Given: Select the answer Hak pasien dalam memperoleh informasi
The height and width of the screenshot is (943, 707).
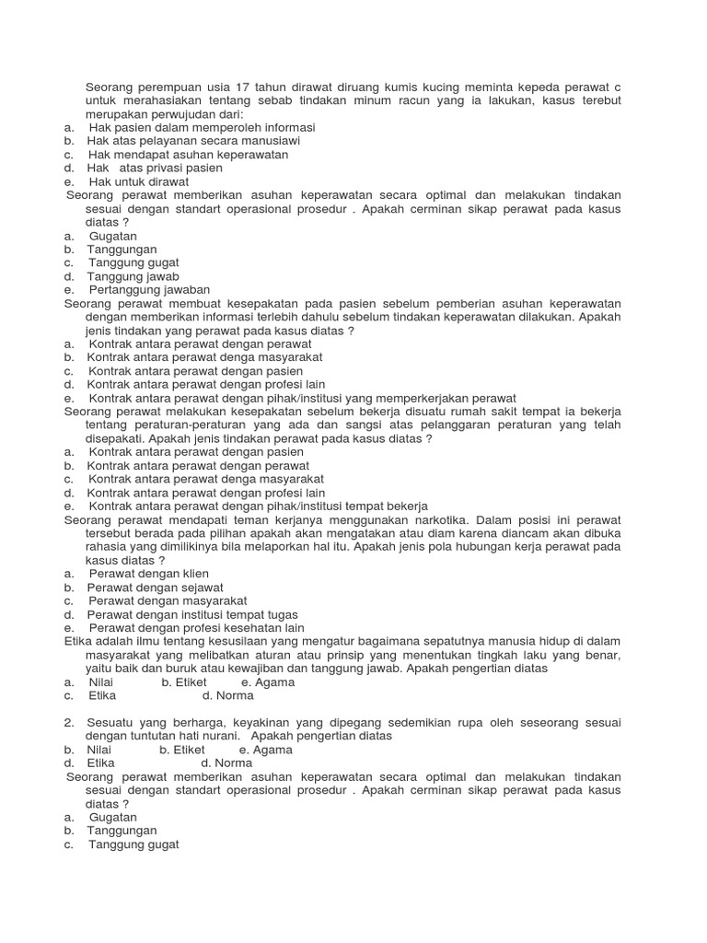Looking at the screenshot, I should pyautogui.click(x=202, y=127).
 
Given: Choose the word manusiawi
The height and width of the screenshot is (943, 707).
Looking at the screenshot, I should pyautogui.click(x=269, y=141).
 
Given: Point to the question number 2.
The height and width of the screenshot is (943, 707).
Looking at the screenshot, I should pyautogui.click(x=69, y=722).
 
